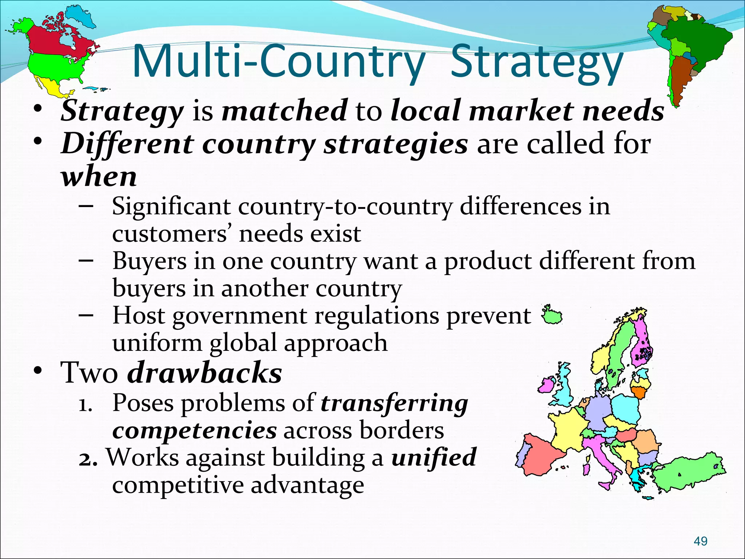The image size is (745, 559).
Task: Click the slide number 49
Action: [x=701, y=541]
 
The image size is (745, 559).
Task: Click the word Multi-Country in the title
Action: [x=278, y=61]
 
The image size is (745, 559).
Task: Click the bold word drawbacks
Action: [x=204, y=373]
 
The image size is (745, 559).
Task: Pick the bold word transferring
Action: [x=394, y=403]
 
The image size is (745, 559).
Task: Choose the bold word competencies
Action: [x=195, y=430]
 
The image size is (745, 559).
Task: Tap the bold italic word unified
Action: [x=434, y=457]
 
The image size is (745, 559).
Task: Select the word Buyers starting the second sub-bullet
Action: [x=149, y=261]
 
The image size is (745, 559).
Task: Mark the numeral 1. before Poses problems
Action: [x=86, y=405]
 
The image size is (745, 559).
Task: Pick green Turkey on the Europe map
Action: [x=688, y=472]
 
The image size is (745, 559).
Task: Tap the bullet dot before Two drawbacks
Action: [x=37, y=371]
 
